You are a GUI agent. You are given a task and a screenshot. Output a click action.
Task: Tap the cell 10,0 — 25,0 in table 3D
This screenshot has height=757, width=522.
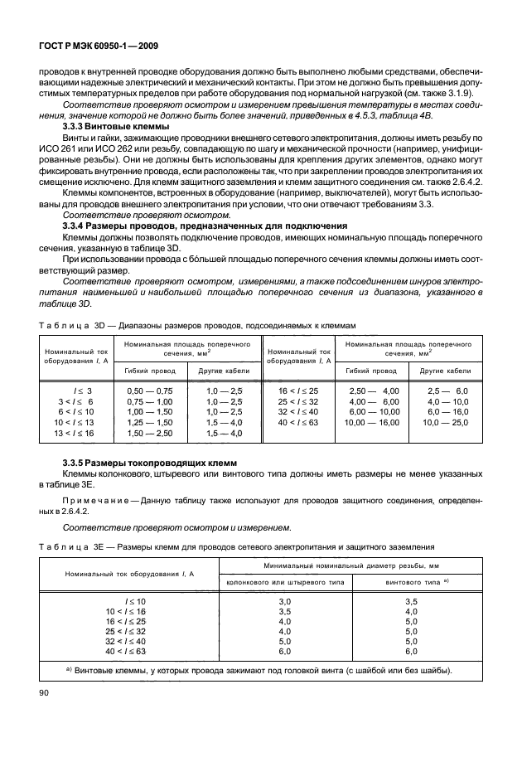pos(447,421)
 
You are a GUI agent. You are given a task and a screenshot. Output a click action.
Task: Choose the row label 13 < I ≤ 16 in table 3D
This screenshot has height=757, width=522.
pos(75,432)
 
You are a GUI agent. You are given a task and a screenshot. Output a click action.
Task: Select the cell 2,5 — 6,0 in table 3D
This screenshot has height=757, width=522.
pos(447,389)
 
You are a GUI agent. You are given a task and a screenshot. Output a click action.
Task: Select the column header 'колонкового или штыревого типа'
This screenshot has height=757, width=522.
pos(285,581)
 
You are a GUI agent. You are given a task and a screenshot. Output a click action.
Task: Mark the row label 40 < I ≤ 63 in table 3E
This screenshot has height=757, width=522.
pos(126,653)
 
